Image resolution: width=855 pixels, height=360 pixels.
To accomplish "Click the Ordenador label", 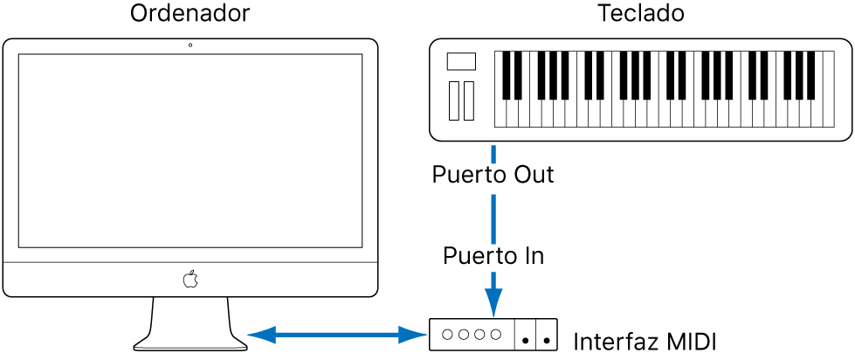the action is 190,13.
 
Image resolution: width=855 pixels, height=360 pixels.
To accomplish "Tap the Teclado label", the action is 641,13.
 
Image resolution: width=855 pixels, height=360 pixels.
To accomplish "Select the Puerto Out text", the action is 493,175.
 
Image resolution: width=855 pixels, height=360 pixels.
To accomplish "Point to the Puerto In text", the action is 493,255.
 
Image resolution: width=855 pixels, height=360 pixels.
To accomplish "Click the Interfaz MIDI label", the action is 645,342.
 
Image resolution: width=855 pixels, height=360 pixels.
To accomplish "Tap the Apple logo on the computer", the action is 190,278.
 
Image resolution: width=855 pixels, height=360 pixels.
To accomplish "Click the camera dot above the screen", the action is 190,45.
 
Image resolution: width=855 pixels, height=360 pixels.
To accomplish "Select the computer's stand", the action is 190,324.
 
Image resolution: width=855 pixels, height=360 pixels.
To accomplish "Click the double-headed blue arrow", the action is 337,335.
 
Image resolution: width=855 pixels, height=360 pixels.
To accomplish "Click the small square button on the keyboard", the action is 461,61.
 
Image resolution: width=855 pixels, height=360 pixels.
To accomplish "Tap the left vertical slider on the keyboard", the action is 453,100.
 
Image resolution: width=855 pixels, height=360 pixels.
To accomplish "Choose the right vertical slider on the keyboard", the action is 469,100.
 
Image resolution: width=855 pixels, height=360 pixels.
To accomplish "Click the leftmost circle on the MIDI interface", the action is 447,335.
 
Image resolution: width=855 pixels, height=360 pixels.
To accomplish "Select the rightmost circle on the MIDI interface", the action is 495,335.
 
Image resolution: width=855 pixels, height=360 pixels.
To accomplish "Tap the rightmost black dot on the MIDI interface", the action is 547,342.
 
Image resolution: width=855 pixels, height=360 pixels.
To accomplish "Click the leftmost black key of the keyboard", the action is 506,75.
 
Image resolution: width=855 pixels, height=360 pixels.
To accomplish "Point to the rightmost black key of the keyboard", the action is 810,75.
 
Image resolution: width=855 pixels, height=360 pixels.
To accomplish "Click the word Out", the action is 533,175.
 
